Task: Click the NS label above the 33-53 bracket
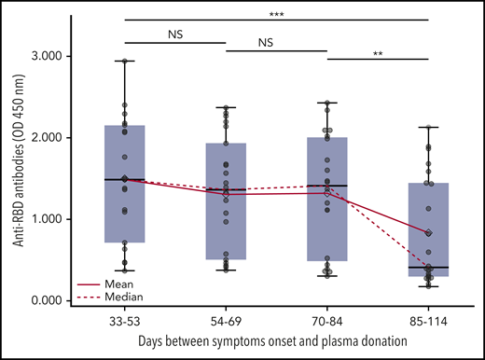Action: click(x=175, y=34)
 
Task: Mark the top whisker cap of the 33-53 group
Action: click(x=125, y=61)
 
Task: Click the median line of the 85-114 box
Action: click(x=428, y=268)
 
